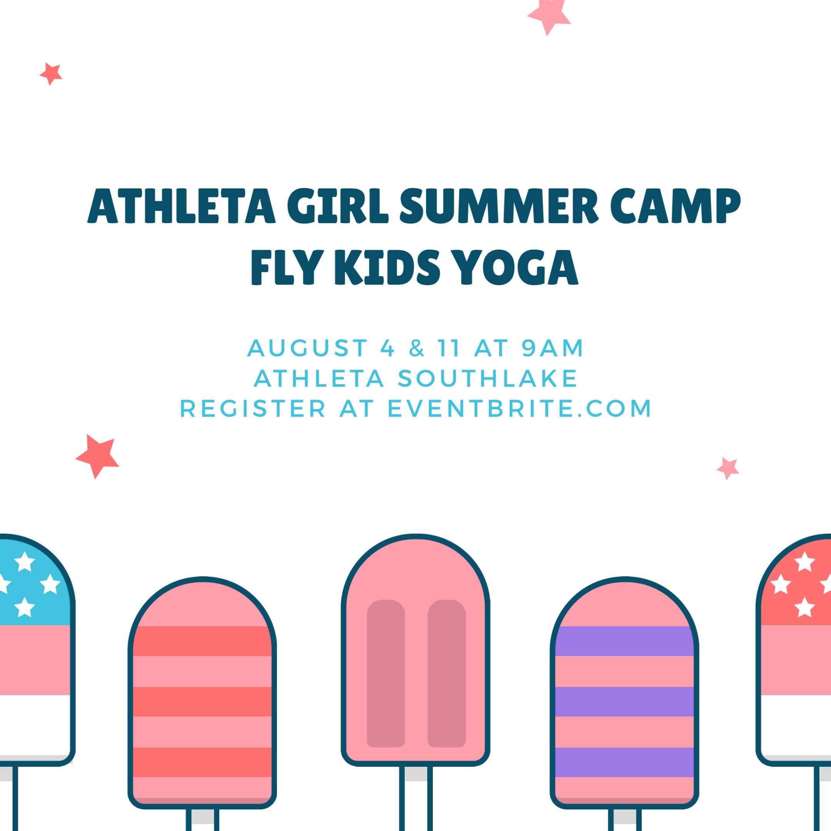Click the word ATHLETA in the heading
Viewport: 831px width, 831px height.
[x=182, y=205]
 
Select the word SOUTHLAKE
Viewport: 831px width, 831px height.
[x=488, y=379]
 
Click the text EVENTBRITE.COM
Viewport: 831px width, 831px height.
[x=520, y=408]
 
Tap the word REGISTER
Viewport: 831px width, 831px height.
[x=253, y=408]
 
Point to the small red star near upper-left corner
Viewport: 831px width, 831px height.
[x=51, y=74]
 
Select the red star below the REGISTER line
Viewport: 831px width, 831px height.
[x=98, y=456]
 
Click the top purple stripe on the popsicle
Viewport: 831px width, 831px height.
[x=624, y=641]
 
